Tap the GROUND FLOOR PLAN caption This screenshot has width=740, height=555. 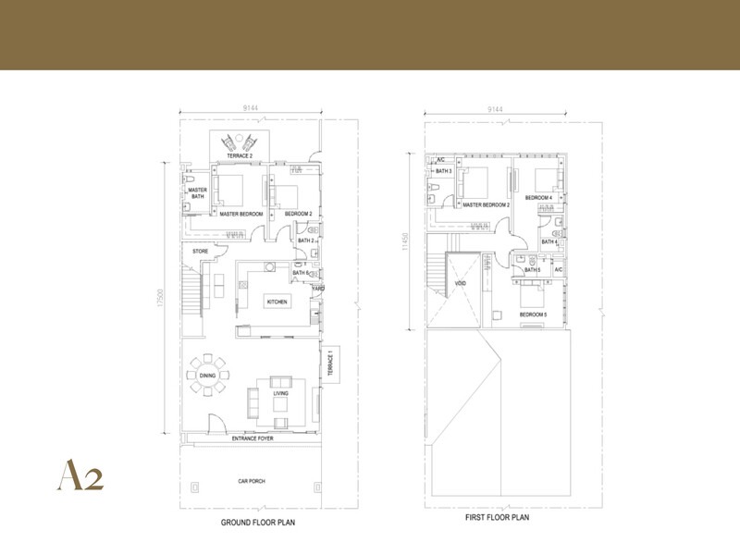tap(258, 524)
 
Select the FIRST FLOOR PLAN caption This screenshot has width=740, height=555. tap(497, 518)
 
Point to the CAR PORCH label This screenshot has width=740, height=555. tap(252, 482)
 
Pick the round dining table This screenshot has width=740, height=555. tap(207, 375)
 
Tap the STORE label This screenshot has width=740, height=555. tap(200, 251)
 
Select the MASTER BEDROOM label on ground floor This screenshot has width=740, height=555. tap(241, 215)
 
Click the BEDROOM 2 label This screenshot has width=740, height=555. tap(298, 215)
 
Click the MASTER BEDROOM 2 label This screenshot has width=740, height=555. tap(486, 204)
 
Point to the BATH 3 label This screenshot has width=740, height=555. tap(443, 171)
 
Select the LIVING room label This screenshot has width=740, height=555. tap(280, 394)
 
